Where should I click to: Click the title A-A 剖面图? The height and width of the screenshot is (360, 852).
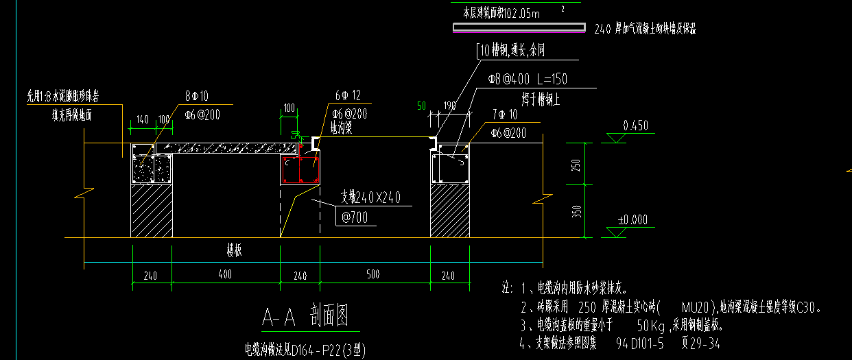pos(306,317)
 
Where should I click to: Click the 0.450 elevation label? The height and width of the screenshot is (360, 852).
pos(635,125)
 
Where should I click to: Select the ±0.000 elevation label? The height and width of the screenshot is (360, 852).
pos(632,220)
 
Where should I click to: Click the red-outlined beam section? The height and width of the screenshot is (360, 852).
pos(300,170)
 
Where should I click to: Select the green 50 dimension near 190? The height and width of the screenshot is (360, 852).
pos(421,106)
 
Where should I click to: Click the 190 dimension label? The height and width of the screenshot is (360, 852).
pos(449,106)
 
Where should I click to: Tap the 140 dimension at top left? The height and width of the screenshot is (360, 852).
pos(142,119)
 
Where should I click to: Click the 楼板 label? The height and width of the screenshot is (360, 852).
pos(234,251)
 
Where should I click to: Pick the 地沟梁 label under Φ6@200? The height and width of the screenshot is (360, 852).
pos(341,127)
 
